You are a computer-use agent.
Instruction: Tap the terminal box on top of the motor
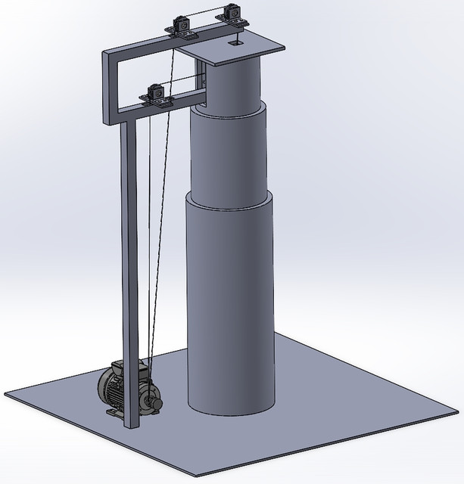pyautogui.click(x=119, y=367)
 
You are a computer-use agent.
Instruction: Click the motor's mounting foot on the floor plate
pyautogui.click(x=112, y=413)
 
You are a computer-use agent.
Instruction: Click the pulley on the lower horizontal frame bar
pyautogui.click(x=155, y=94)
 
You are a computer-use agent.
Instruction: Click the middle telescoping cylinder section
pyautogui.click(x=228, y=155)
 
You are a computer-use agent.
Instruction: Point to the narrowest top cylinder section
pyautogui.click(x=232, y=83)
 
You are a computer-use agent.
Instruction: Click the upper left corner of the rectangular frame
pyautogui.click(x=106, y=51)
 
